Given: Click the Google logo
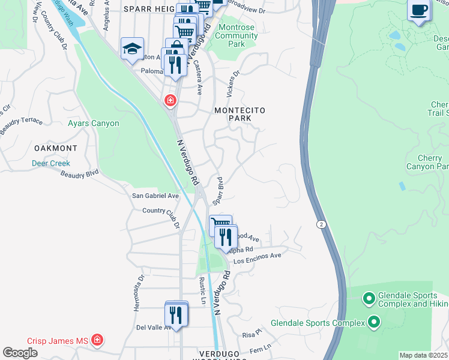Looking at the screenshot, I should [x=20, y=353].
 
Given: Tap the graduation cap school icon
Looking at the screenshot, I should [x=132, y=49].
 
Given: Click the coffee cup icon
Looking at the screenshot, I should [x=418, y=11].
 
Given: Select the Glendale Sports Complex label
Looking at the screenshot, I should [x=318, y=323].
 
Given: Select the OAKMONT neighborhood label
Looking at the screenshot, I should [x=55, y=148].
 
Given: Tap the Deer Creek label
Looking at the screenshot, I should [x=51, y=163].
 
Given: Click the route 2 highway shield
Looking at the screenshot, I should [x=322, y=224].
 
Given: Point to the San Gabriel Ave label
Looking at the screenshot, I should [x=155, y=196].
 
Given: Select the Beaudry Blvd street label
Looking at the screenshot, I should [x=79, y=174].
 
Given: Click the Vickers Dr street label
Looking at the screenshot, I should [x=232, y=84].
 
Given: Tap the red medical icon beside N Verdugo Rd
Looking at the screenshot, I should [x=170, y=100].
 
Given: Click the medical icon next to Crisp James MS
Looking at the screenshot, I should [x=97, y=341].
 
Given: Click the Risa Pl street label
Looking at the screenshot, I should [x=253, y=332].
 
